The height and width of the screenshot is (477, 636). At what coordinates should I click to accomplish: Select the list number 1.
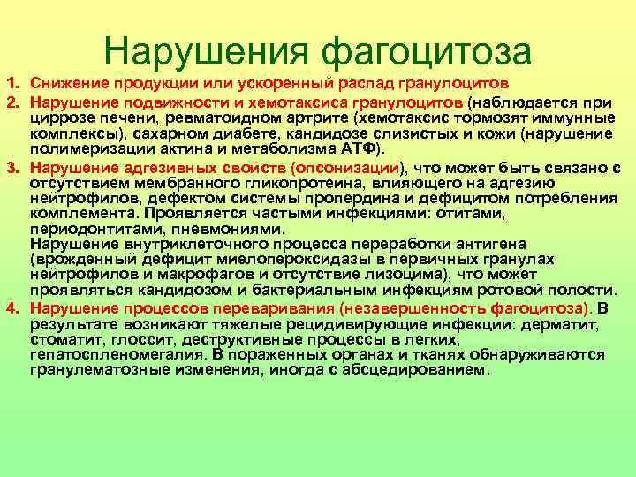pyautogui.click(x=14, y=83)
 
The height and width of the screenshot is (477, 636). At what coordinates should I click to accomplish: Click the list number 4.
pyautogui.click(x=14, y=308)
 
